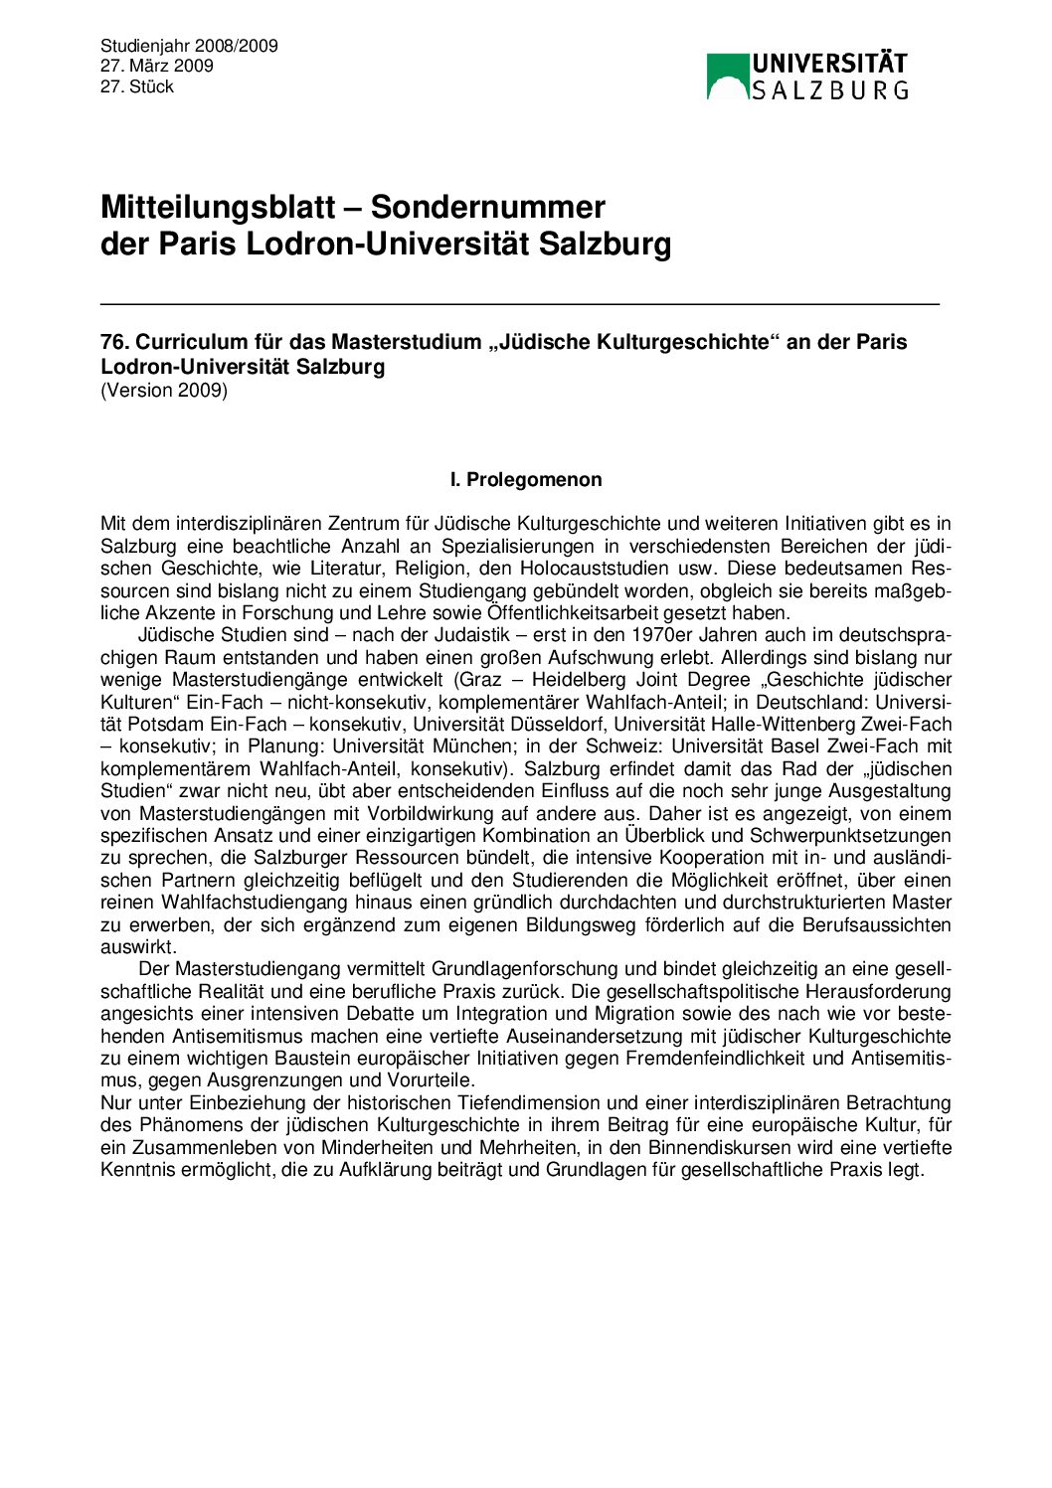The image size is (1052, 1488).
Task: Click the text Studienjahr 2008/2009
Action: [x=189, y=46]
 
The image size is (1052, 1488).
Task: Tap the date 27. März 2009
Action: [x=157, y=66]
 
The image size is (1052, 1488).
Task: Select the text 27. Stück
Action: [x=137, y=86]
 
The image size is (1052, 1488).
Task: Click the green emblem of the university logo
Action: [x=727, y=77]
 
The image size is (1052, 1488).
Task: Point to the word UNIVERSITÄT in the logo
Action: [x=829, y=65]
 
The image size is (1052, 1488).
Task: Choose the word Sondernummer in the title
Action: [x=488, y=207]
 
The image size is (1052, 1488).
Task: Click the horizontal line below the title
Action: [x=519, y=302]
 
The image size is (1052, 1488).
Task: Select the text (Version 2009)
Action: [x=164, y=390]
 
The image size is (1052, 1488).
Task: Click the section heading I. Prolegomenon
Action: [x=526, y=480]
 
